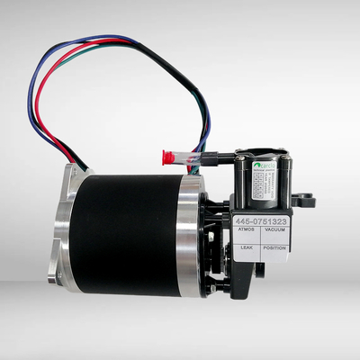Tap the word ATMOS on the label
(x=247, y=230)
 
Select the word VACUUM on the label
(x=274, y=230)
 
